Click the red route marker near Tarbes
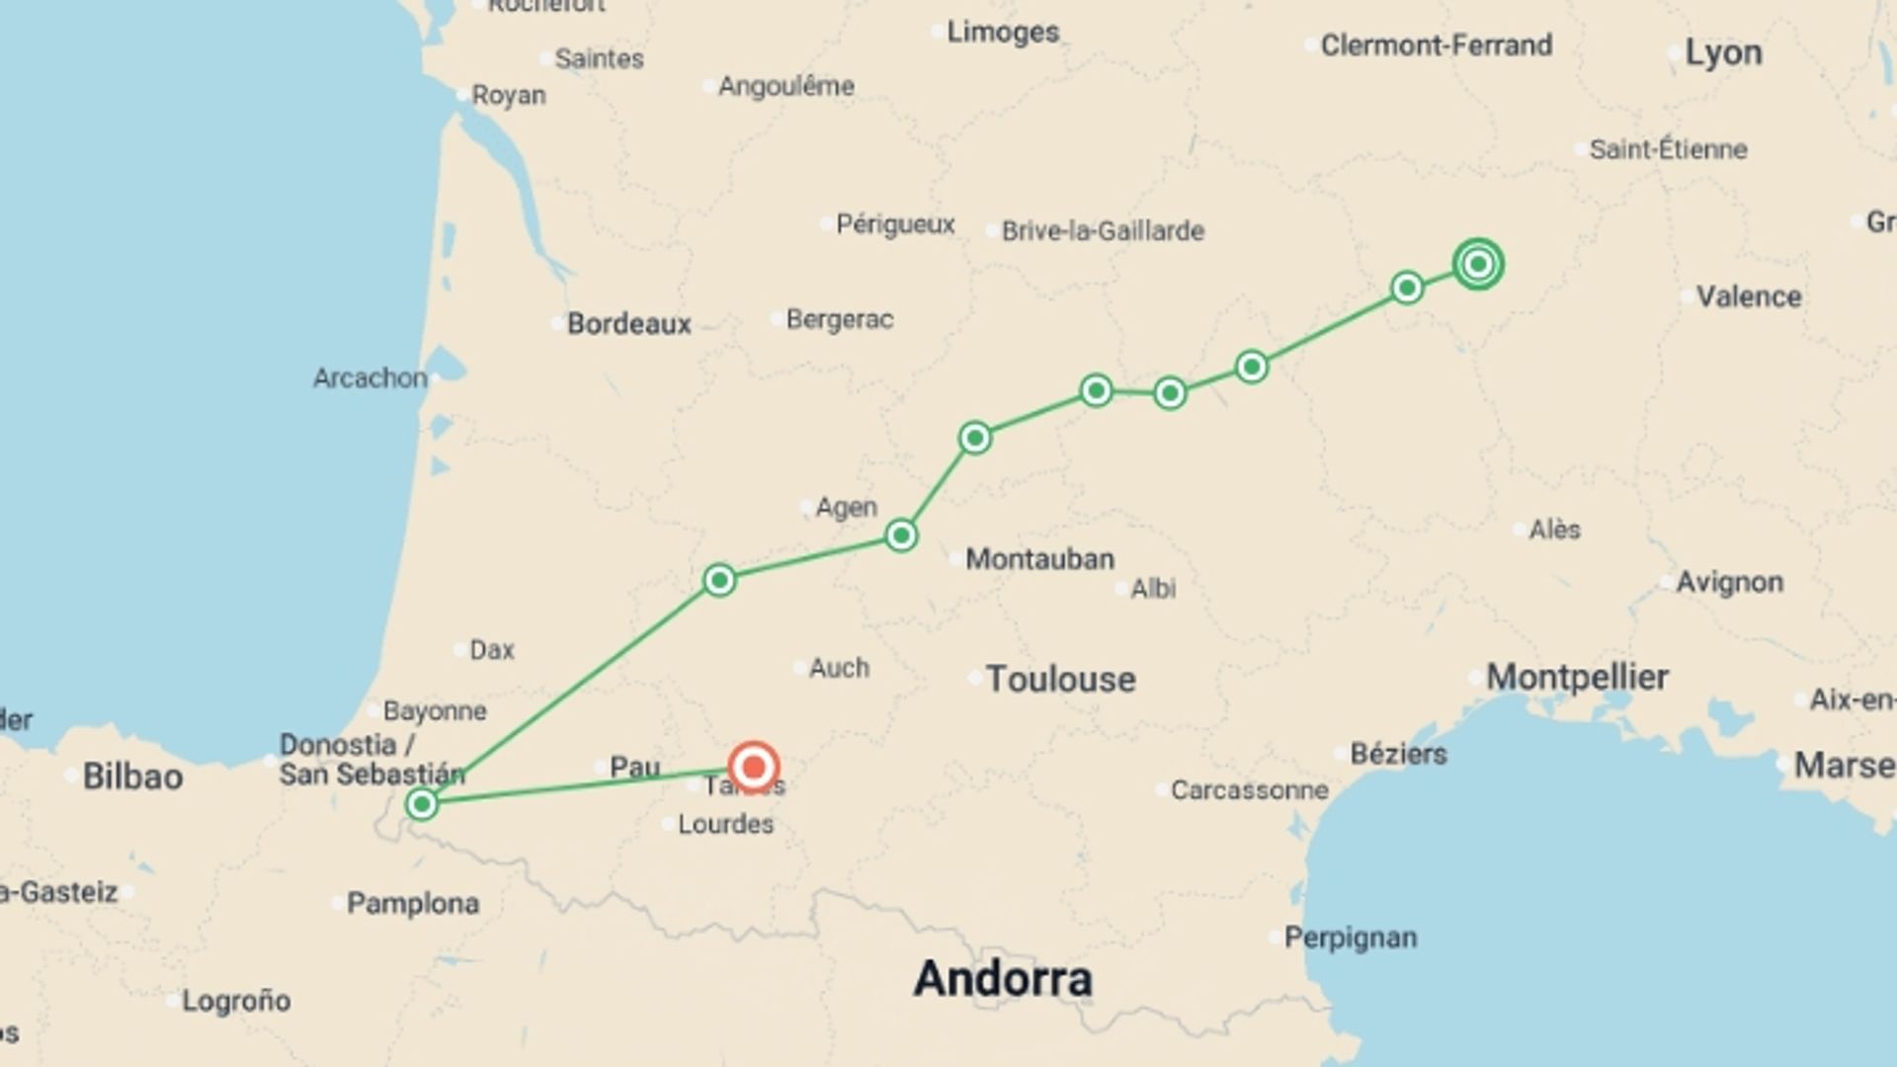[754, 767]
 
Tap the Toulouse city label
[1060, 680]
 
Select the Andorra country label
[1003, 979]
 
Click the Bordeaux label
[628, 324]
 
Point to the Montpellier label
[1577, 678]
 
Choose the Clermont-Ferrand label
[1436, 45]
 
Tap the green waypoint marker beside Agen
[901, 535]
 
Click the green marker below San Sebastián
[422, 803]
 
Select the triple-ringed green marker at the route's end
[1478, 264]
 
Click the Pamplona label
[413, 903]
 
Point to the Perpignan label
[1350, 938]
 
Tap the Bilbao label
[132, 777]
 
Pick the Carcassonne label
[1249, 790]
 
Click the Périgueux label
[895, 224]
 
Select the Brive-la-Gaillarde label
[1103, 231]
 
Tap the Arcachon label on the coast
[370, 378]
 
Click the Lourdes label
[725, 824]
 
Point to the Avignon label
[1729, 583]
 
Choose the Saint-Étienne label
[1668, 150]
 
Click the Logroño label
[236, 1001]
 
